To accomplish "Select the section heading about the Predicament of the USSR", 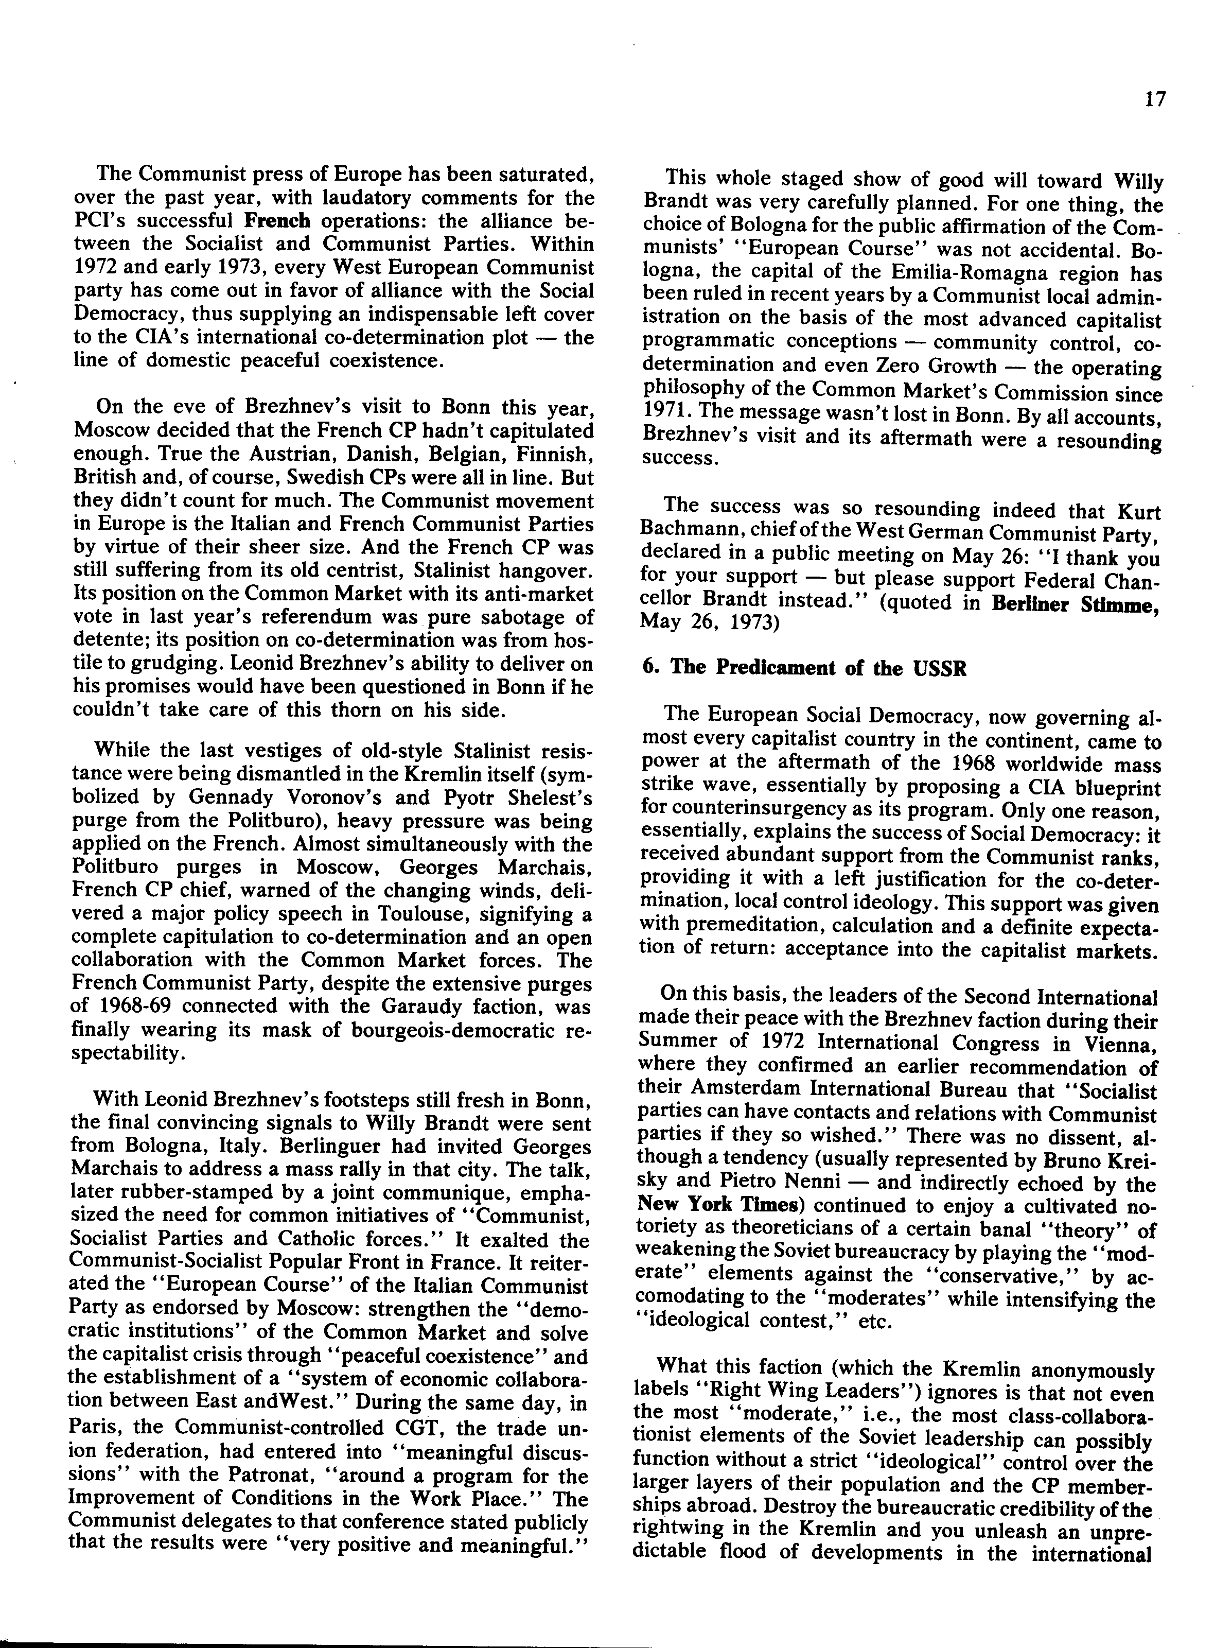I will tap(804, 668).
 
